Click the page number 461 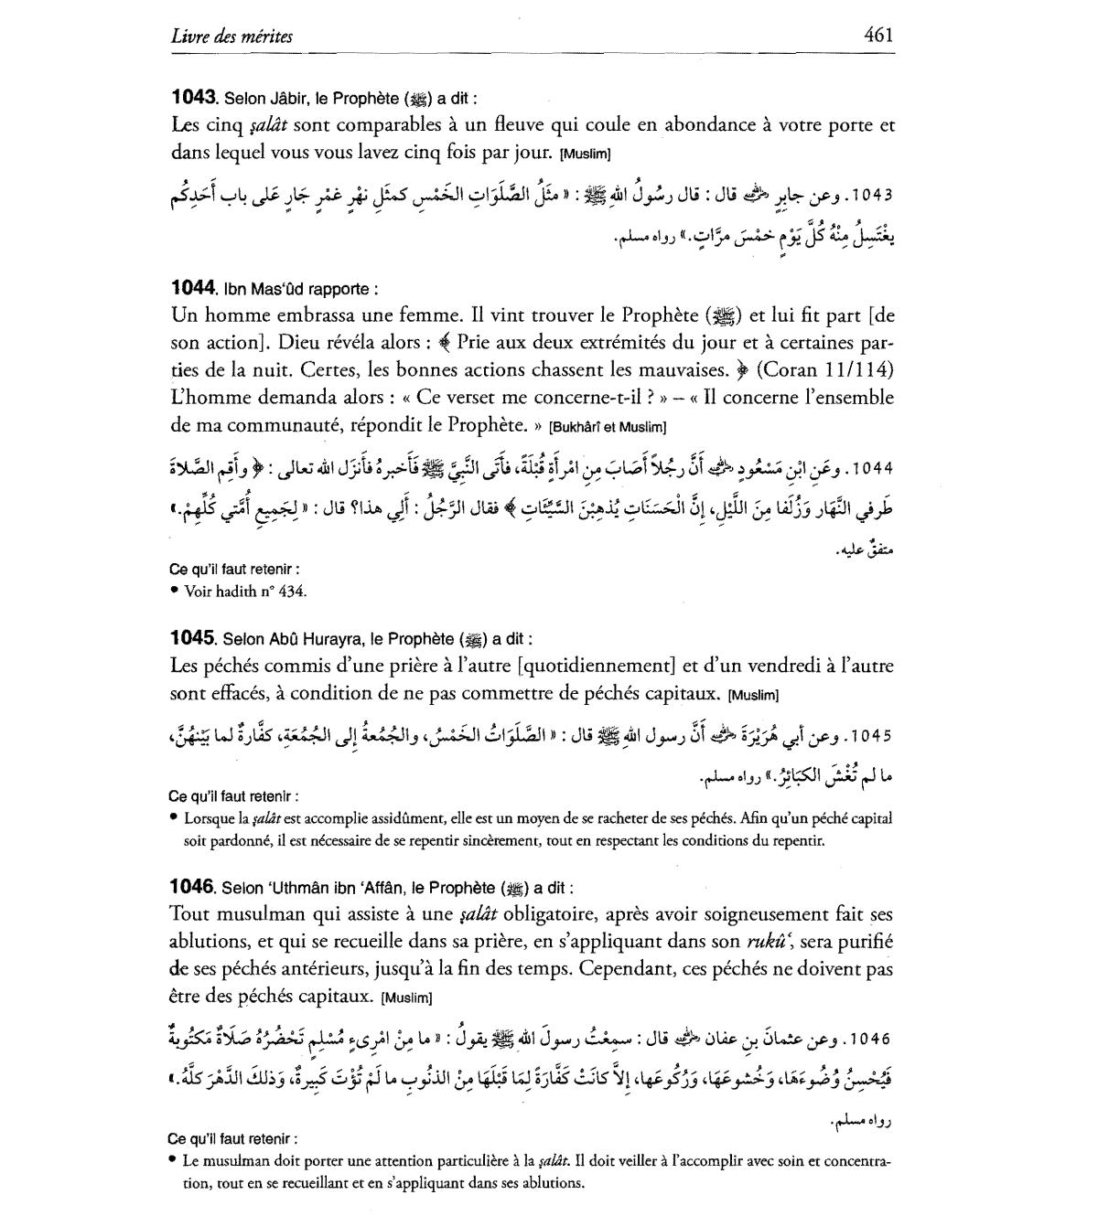point(877,36)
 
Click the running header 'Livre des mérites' point(231,37)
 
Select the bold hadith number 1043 point(193,96)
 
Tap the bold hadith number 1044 point(193,288)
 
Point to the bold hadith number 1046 point(193,886)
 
